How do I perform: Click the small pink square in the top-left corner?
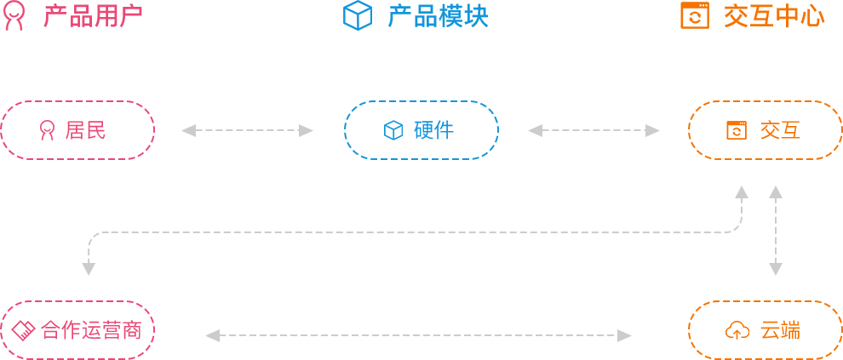(x=14, y=16)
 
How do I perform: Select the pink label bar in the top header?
(x=92, y=16)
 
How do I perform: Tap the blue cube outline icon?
(x=358, y=16)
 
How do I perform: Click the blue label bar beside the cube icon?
(x=438, y=16)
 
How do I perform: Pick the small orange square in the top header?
(x=694, y=15)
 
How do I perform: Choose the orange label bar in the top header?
(x=774, y=16)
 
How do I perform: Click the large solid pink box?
(x=77, y=130)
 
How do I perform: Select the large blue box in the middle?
(x=421, y=130)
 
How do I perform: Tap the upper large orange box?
(x=765, y=130)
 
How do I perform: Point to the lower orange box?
(x=765, y=329)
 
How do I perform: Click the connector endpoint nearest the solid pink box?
(x=188, y=130)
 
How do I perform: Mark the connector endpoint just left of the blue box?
(x=307, y=130)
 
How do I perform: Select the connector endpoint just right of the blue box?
(x=535, y=130)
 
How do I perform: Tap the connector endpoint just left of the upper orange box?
(x=653, y=130)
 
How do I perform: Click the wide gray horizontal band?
(x=426, y=214)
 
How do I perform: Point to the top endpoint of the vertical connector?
(x=776, y=191)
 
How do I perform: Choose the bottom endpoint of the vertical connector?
(x=776, y=270)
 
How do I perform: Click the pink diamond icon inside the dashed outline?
(x=23, y=330)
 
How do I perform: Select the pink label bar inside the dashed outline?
(x=90, y=330)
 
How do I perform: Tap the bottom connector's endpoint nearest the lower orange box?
(x=625, y=335)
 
